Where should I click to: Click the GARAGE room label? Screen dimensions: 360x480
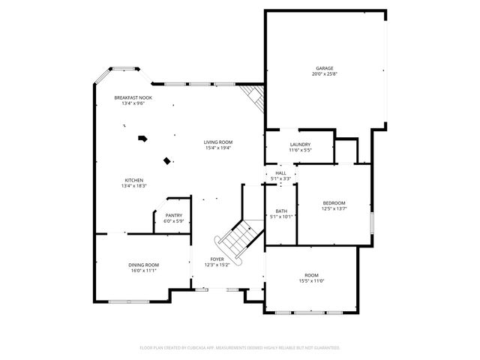324,68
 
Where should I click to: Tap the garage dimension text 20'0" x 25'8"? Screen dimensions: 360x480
324,73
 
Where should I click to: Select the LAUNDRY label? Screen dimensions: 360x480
300,145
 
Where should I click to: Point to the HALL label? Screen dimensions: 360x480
280,173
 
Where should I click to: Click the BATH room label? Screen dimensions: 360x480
281,211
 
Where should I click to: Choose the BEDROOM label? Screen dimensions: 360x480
334,202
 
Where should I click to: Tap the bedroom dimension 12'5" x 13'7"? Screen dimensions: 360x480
334,208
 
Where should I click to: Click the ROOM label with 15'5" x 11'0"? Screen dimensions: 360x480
311,275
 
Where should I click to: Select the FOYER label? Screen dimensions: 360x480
217,259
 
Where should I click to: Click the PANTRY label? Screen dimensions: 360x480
173,216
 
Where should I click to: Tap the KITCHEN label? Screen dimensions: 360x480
134,180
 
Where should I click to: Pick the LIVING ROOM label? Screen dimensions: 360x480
218,142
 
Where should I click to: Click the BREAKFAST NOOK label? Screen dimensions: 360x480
133,97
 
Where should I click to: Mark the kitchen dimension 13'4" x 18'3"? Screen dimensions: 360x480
134,185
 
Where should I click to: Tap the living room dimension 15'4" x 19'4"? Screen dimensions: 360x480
218,148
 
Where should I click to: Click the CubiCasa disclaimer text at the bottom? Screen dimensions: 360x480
240,348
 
